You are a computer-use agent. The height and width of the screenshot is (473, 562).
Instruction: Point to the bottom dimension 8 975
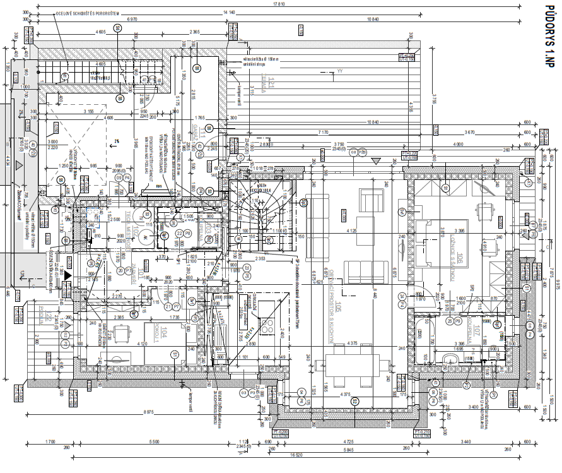pyautogui.click(x=149, y=413)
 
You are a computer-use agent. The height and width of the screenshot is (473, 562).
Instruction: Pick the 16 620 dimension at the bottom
pyautogui.click(x=291, y=454)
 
